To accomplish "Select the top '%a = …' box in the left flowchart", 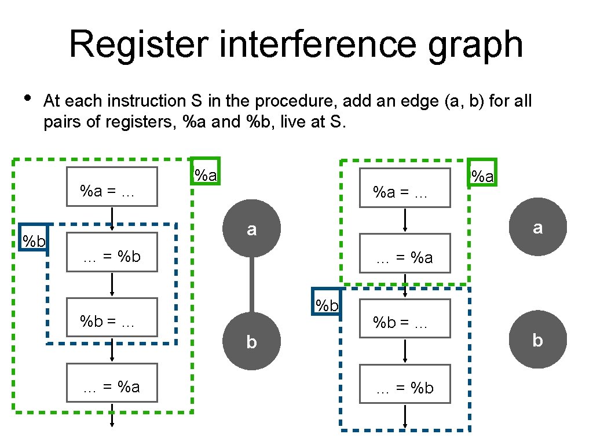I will coord(112,187).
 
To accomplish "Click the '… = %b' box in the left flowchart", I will coord(112,252).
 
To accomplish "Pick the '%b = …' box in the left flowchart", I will coord(112,317).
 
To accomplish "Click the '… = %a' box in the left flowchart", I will coord(112,382).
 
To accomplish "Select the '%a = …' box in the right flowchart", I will coord(405,188).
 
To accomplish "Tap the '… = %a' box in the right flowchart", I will coord(405,253).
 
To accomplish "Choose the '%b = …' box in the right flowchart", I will coord(405,318).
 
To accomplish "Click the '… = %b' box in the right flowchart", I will coord(405,384).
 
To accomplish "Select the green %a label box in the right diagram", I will coord(482,173).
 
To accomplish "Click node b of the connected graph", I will coord(251,341).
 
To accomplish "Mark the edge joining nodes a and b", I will coord(251,285).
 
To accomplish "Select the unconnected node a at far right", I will coord(537,227).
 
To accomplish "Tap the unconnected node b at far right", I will coord(537,340).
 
